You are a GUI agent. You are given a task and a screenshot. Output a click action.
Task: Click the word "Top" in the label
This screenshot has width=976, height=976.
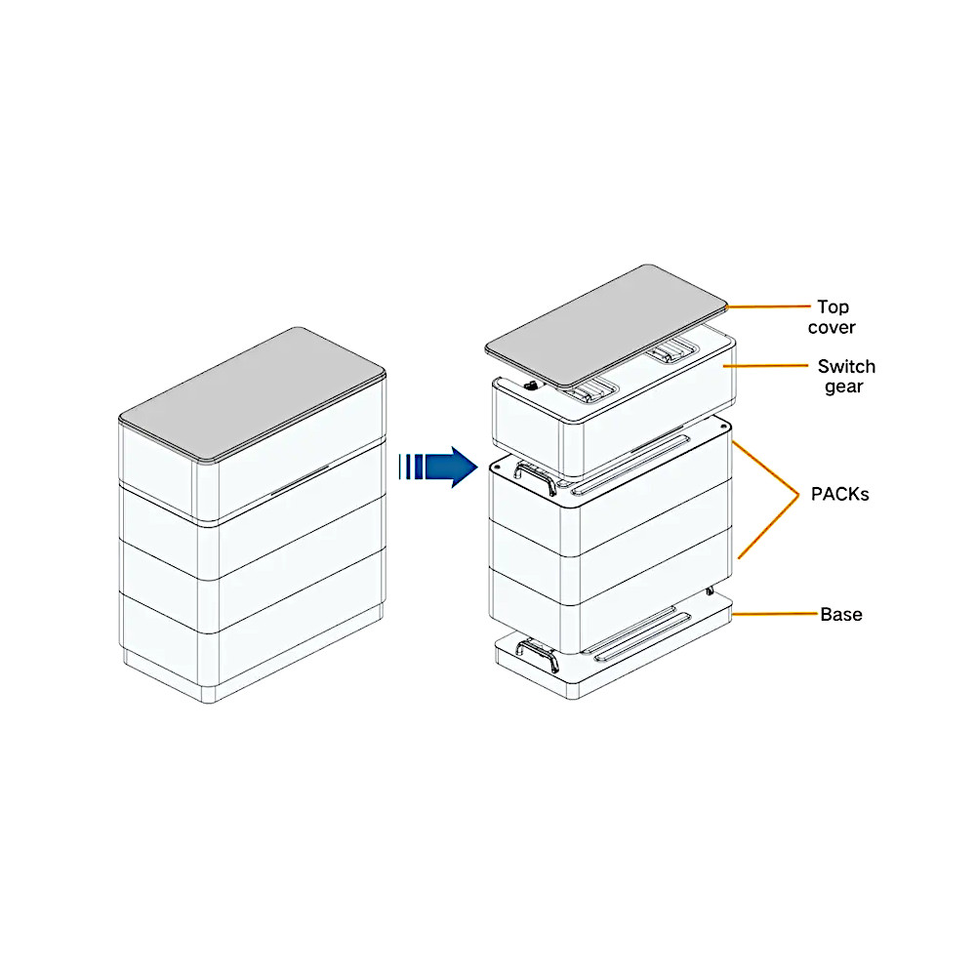(833, 306)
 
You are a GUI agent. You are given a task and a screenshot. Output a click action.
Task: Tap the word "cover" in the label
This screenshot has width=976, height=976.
(833, 328)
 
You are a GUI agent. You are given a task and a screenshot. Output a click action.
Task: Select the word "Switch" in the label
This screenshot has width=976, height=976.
(846, 367)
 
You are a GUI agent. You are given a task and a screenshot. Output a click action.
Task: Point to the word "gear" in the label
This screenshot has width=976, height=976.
(842, 387)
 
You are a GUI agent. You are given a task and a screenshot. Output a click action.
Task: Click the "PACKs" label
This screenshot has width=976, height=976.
(839, 494)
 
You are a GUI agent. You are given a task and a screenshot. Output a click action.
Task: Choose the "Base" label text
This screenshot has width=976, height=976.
(840, 615)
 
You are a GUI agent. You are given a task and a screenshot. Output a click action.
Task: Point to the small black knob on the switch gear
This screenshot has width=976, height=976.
(531, 386)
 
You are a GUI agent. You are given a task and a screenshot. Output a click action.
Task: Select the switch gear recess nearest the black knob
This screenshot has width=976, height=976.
(589, 392)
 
